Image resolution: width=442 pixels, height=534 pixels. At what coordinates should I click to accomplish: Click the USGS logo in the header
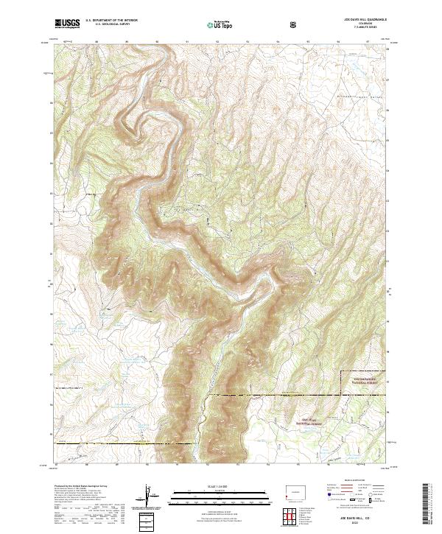tap(67, 24)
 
